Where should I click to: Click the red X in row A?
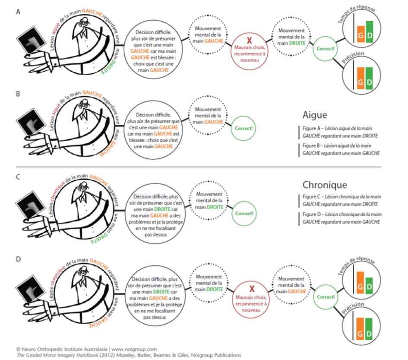coord(249,40)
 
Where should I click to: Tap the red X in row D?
coord(252,289)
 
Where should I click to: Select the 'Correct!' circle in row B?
coord(244,129)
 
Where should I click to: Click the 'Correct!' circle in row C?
coord(244,214)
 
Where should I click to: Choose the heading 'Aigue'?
coord(315,115)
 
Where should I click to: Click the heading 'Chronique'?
coord(325,185)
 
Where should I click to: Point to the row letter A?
coord(18,12)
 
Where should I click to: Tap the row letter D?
coord(18,259)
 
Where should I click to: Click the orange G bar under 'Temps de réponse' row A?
coord(361,34)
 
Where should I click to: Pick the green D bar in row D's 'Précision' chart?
coord(369,328)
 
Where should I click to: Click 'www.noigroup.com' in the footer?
coord(134,349)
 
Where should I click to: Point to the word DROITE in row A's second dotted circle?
coord(297,43)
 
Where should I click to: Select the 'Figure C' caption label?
coord(311,197)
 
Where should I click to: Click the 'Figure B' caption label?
coord(311,145)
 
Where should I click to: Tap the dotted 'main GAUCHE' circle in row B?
coord(208,116)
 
